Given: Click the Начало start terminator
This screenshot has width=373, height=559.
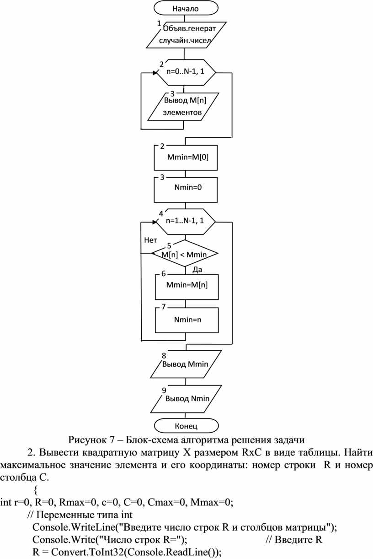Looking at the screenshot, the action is [186, 8].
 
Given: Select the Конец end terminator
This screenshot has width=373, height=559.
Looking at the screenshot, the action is [186, 426].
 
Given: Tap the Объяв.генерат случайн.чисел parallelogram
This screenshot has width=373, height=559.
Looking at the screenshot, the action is [186, 35].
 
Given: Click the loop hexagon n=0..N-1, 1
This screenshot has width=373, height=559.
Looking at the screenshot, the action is [186, 72].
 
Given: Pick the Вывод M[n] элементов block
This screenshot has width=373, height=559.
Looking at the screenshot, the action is [184, 107].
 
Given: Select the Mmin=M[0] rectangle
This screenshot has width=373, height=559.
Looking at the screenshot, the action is [186, 157].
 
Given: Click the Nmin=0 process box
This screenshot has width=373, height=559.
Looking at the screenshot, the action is [186, 190].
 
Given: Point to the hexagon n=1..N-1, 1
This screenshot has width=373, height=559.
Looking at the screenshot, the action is [186, 222].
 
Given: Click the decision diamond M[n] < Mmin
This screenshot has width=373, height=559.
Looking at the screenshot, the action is [185, 253].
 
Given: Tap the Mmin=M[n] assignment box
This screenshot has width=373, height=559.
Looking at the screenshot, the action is [187, 287].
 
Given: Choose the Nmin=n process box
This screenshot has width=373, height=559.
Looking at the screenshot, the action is [187, 320].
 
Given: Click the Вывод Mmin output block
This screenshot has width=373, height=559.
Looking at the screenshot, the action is [186, 364].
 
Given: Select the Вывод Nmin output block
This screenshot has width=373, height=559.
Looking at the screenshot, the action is [186, 399].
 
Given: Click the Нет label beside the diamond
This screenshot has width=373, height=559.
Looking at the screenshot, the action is [150, 240].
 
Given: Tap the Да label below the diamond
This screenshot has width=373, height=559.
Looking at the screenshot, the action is [197, 270].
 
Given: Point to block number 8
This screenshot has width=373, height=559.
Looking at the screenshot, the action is [164, 355].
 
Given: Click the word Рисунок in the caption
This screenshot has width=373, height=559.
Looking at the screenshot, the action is [87, 440].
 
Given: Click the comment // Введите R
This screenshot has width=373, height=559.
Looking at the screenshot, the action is [294, 539].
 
